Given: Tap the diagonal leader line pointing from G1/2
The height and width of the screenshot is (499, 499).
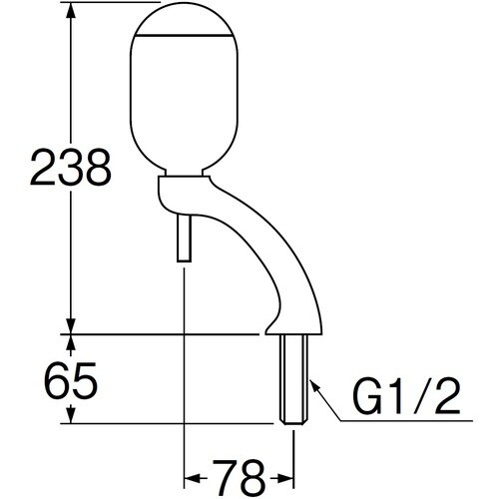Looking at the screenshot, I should click(x=323, y=404).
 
